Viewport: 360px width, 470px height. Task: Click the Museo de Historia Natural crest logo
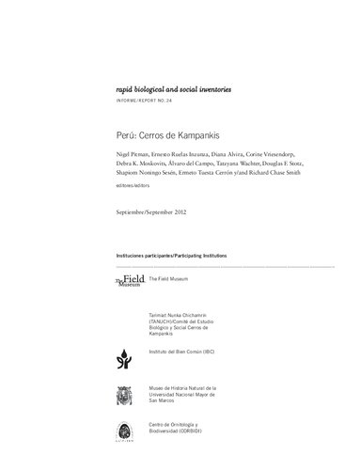point(125,394)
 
